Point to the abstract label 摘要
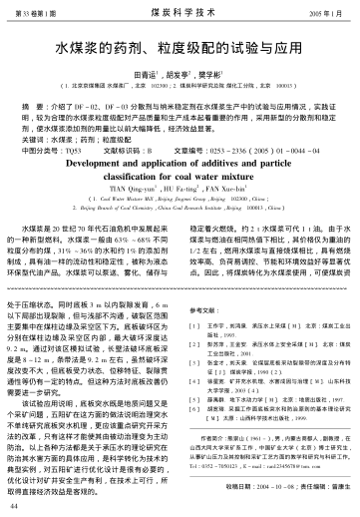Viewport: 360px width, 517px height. (43, 103)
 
